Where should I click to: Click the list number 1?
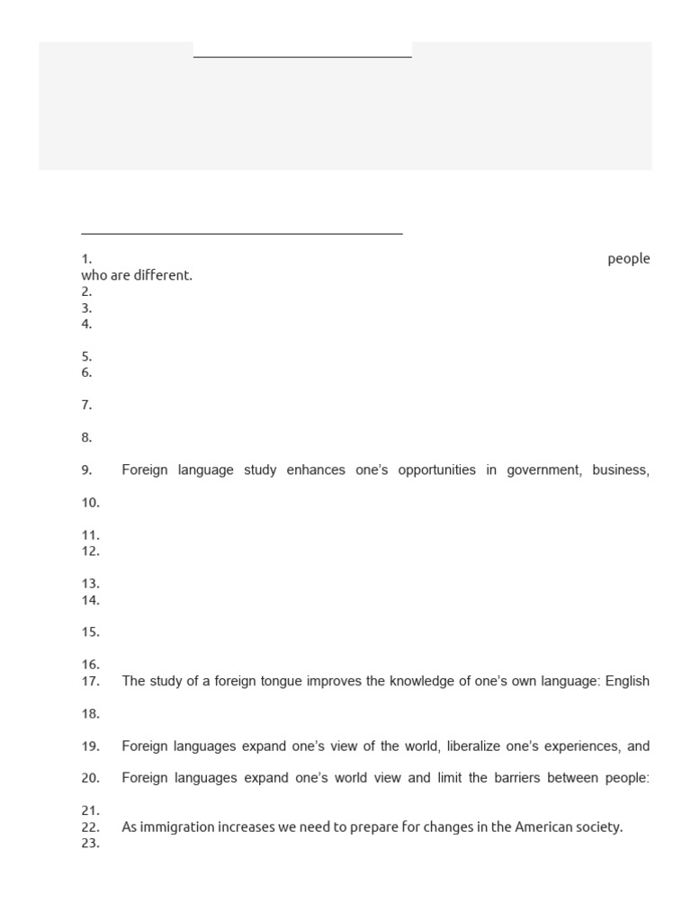(86, 259)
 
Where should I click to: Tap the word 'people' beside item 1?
(628, 259)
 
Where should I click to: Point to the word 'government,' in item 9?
(543, 470)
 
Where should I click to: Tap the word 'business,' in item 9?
(621, 470)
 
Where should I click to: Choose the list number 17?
(90, 681)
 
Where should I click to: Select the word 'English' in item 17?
(627, 681)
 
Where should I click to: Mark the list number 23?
(90, 844)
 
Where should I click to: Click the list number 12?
(90, 551)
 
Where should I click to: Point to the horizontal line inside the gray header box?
(302, 57)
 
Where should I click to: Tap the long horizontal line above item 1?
(242, 234)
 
